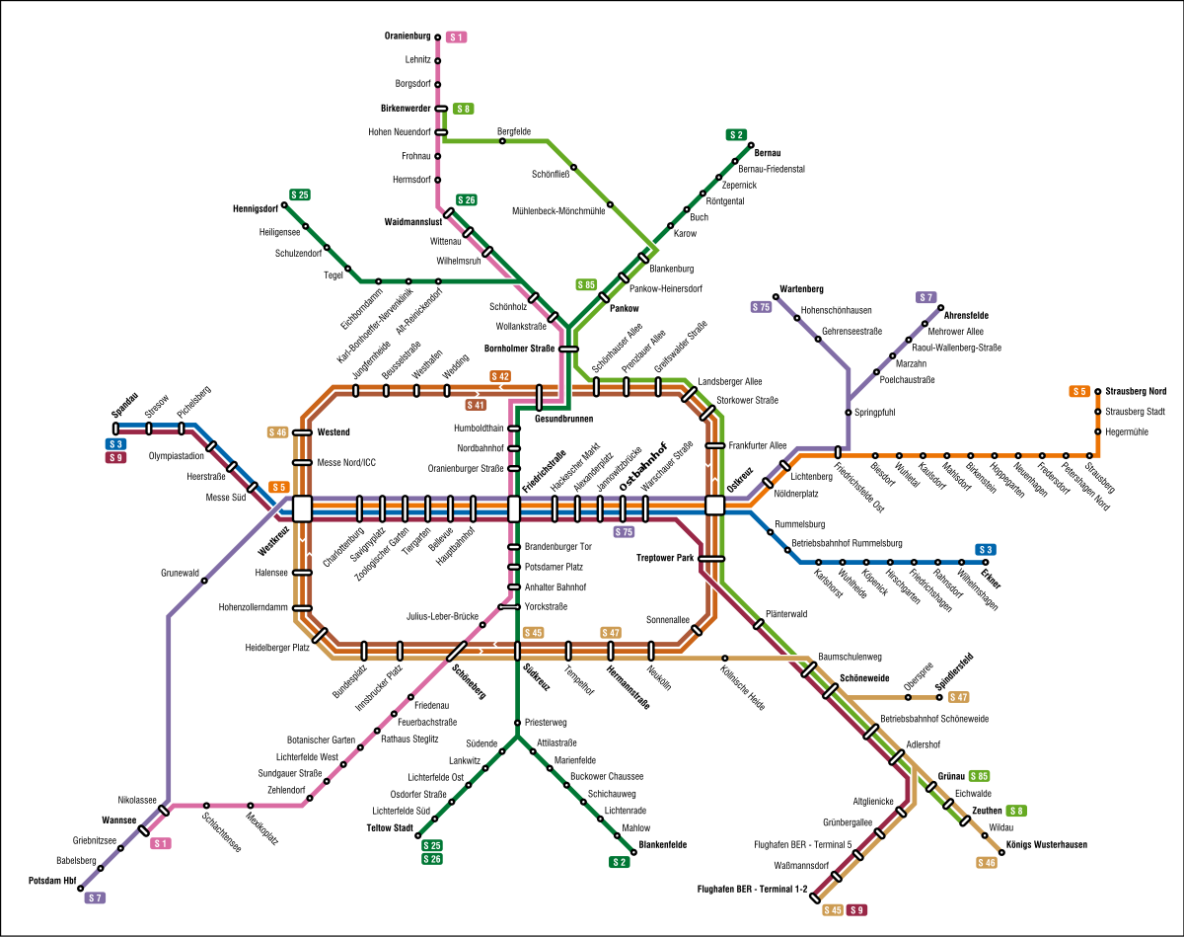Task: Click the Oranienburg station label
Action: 407,36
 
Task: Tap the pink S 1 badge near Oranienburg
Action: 456,37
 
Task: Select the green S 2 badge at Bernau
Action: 736,134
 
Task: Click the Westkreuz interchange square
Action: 302,508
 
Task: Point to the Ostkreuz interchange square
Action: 715,506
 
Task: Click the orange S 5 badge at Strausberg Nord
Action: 1079,391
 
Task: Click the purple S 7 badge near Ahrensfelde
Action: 925,297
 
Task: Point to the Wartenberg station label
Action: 801,288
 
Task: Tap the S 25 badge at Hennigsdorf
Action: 300,195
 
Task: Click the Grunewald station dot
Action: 204,581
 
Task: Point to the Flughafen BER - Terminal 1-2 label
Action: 752,890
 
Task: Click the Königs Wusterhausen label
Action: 1047,844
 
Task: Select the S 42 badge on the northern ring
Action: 500,376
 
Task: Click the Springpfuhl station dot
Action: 848,412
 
